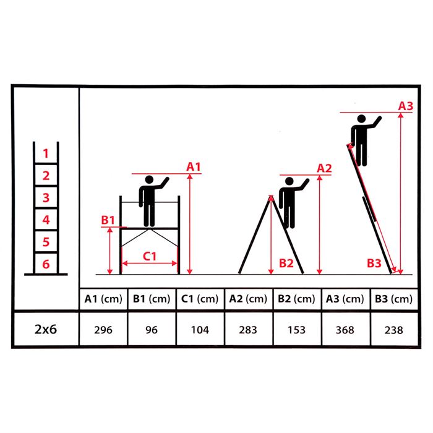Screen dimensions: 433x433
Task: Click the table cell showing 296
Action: tap(103, 330)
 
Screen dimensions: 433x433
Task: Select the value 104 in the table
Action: tap(200, 330)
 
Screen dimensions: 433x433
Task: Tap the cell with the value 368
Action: tap(345, 330)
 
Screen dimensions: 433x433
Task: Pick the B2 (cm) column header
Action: tap(296, 299)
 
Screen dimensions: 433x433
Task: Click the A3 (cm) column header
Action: tap(345, 299)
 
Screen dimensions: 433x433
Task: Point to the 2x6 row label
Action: tap(46, 329)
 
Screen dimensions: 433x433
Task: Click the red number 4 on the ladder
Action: tap(46, 220)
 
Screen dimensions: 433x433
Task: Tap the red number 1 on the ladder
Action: tap(46, 153)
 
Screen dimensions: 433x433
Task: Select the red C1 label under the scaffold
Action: tap(150, 256)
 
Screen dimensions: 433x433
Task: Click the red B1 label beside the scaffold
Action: tap(108, 220)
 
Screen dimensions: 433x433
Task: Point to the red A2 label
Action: tap(324, 168)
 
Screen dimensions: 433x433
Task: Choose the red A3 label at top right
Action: tap(405, 106)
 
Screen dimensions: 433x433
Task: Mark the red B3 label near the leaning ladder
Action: tap(374, 263)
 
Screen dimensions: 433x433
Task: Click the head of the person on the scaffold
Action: tap(150, 179)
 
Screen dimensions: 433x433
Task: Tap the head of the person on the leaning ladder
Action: tap(361, 119)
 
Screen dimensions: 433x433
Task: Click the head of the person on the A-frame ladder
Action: tap(289, 181)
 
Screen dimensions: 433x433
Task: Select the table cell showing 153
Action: tap(296, 330)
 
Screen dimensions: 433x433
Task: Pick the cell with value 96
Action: tap(152, 330)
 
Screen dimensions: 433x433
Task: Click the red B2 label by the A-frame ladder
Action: tap(286, 263)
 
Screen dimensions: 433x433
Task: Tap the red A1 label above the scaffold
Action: tap(193, 166)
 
